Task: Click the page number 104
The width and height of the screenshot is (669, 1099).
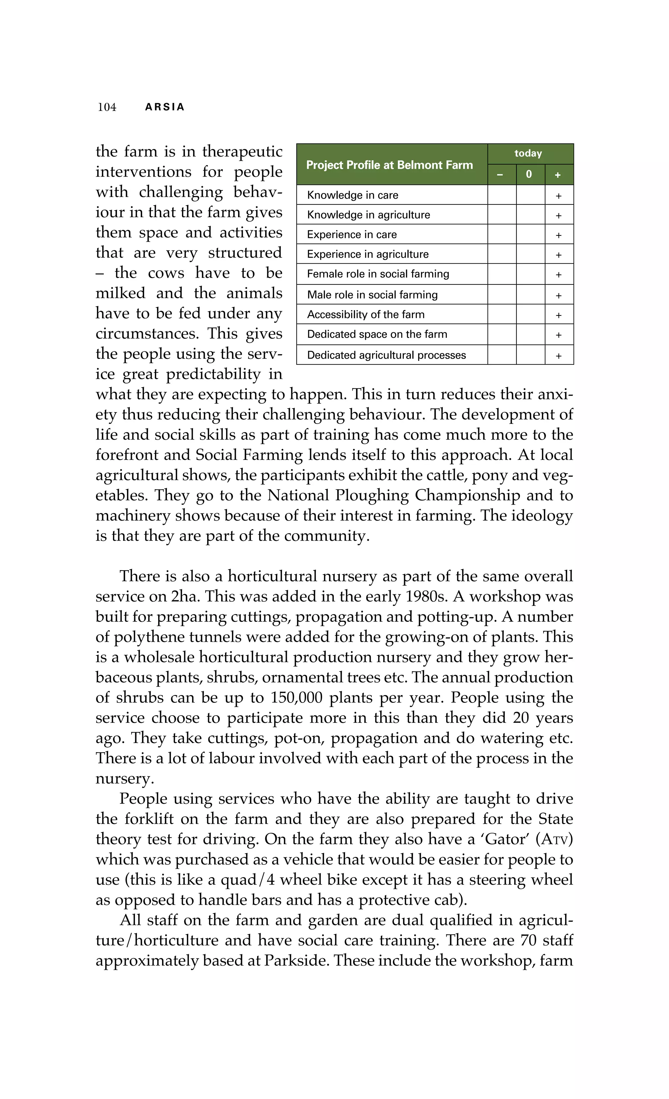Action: (107, 107)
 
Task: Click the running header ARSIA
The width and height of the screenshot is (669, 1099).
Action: (165, 107)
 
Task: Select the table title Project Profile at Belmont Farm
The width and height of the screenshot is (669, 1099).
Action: (389, 165)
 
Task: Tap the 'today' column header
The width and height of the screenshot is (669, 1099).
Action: (528, 154)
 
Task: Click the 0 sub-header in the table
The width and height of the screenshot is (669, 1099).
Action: (529, 174)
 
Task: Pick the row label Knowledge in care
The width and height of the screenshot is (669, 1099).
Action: (352, 195)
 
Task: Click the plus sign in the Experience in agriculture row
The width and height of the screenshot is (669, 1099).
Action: (558, 255)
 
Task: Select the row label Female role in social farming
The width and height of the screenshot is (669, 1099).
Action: (378, 274)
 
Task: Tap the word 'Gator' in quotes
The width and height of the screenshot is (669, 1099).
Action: (505, 839)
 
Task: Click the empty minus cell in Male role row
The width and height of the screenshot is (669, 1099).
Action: (501, 294)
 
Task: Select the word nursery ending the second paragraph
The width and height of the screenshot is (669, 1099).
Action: (124, 778)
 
